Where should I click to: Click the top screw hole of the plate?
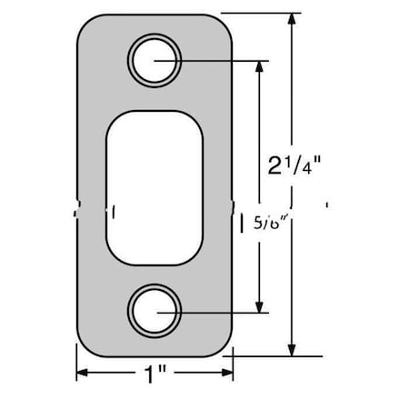tap(155, 60)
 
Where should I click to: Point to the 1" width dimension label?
tap(155, 374)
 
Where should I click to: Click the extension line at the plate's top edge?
tap(264, 14)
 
